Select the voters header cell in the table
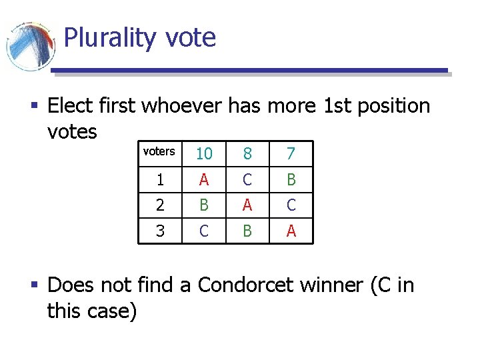coord(159,151)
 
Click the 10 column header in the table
coord(204,154)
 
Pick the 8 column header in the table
coord(247,154)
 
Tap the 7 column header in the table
coord(290,154)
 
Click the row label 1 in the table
coord(160,180)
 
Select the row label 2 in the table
coord(160,205)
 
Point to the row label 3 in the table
coord(160,231)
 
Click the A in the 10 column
coord(204,180)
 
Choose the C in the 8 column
coord(247,180)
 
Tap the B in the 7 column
coord(290,180)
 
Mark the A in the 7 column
coord(290,231)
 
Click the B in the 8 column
coord(247,231)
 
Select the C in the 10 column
coord(204,231)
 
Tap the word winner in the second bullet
coord(330,285)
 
